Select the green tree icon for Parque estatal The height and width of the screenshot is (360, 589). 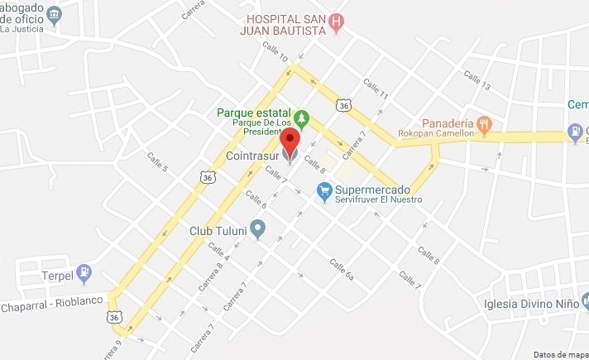point(302,118)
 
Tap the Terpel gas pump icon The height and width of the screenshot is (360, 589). point(84,273)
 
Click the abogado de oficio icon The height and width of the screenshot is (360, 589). point(55,15)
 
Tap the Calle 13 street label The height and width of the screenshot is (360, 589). point(477,81)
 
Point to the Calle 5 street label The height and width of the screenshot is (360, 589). point(157,162)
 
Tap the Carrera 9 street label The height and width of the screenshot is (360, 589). point(112,346)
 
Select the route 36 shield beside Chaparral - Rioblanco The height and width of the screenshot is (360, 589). point(115,316)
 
